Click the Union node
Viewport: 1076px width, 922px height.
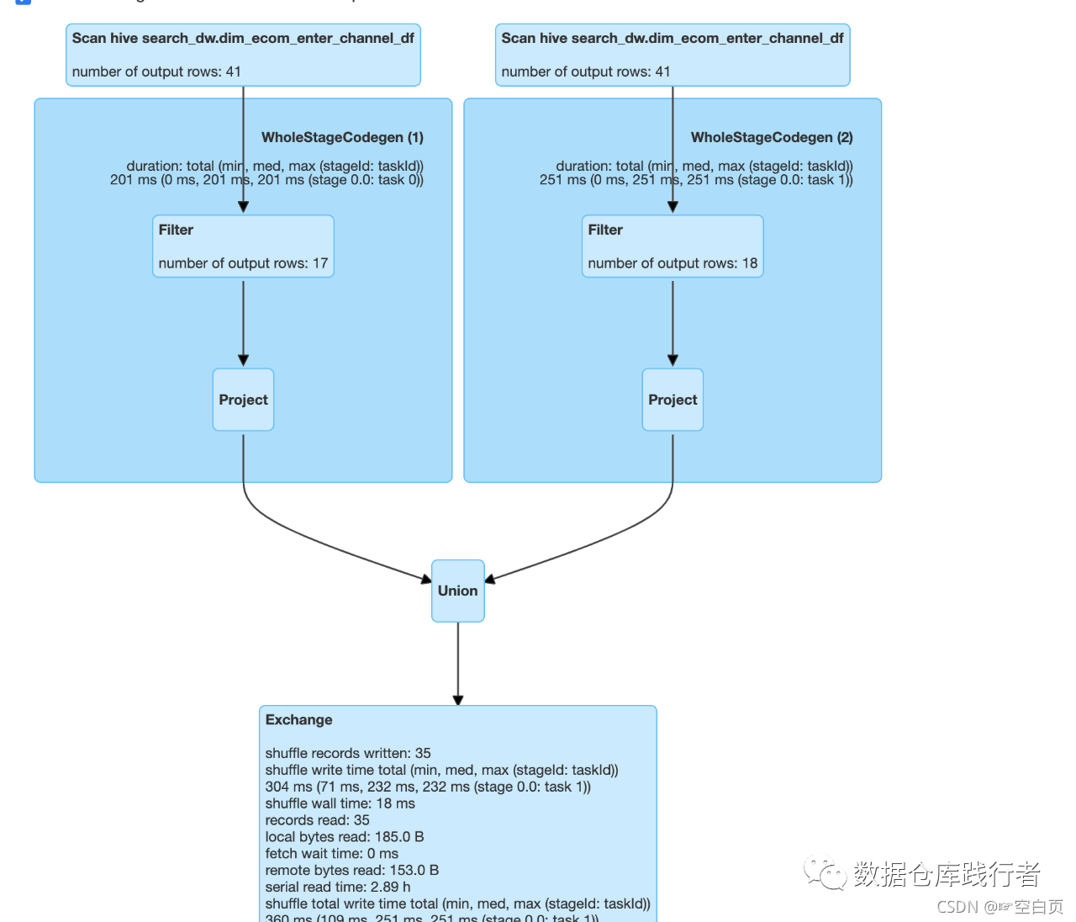click(x=458, y=591)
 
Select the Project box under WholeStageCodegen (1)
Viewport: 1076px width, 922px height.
click(x=243, y=400)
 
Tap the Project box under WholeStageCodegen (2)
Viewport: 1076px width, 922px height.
click(x=672, y=400)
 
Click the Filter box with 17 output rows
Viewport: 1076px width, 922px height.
click(x=243, y=246)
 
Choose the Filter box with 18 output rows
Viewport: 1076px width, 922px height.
click(x=672, y=246)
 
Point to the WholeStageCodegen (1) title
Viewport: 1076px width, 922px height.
click(x=342, y=137)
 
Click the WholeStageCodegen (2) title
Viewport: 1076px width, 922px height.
click(x=772, y=137)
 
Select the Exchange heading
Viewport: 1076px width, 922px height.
click(x=298, y=720)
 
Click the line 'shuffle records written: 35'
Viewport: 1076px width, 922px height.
click(x=348, y=753)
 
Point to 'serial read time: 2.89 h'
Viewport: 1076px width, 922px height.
click(x=338, y=887)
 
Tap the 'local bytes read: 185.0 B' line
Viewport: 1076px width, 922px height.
click(x=345, y=837)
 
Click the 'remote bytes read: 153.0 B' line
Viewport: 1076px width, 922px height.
click(x=352, y=870)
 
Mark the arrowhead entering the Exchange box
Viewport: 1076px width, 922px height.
click(x=458, y=700)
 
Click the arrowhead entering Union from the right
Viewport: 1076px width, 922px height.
click(x=490, y=579)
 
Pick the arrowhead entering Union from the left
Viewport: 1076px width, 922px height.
click(x=426, y=579)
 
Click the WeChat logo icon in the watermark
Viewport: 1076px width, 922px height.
click(x=825, y=874)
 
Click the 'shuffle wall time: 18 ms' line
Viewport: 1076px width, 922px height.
click(x=340, y=803)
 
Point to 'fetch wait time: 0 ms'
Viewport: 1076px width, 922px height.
click(x=332, y=853)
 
